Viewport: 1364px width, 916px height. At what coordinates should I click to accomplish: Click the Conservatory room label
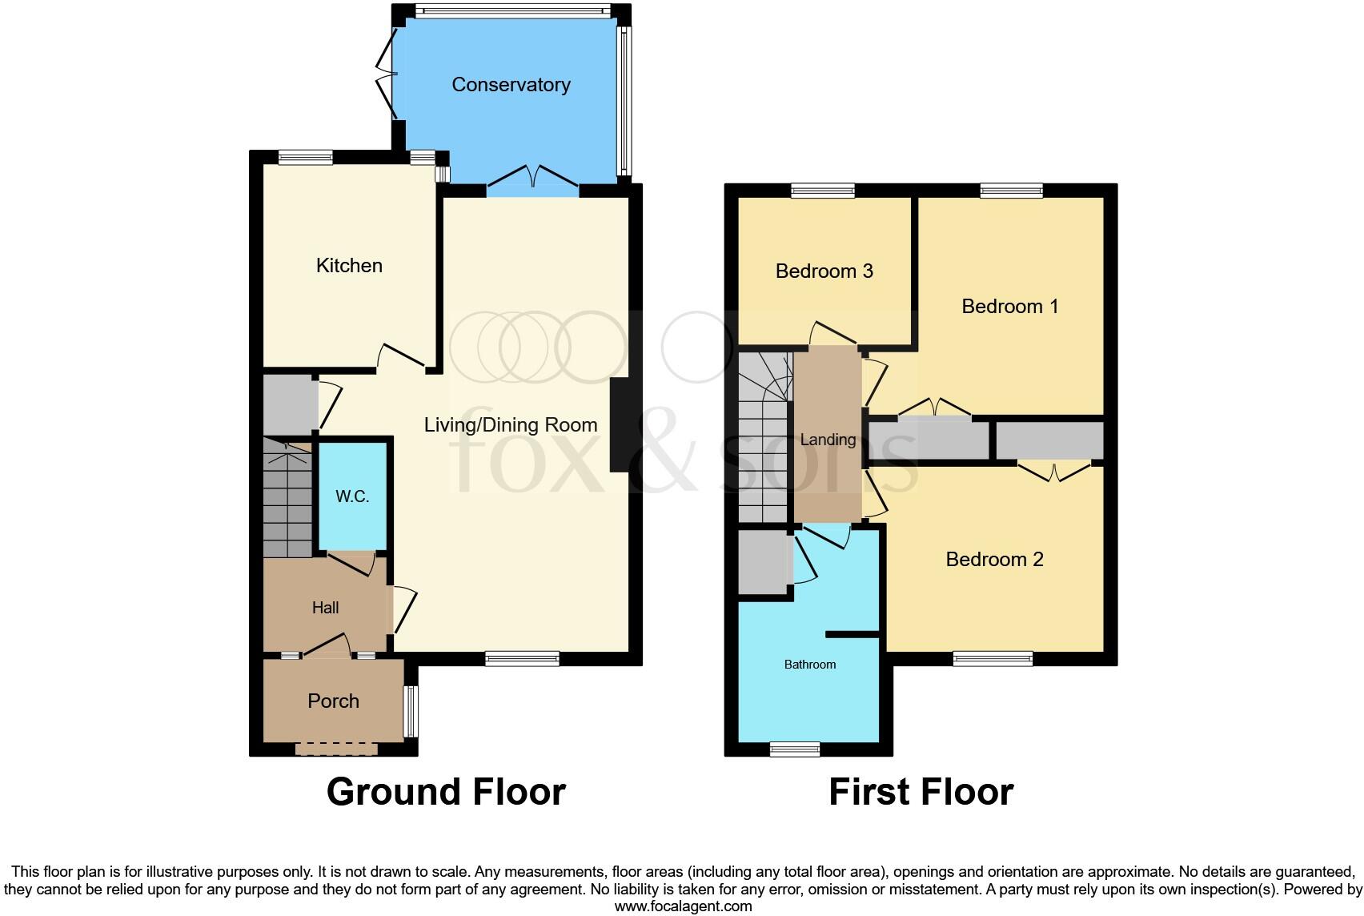click(x=511, y=85)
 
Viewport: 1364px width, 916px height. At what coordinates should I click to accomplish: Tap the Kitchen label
click(x=349, y=266)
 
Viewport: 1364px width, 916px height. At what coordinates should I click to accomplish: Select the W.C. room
click(x=352, y=496)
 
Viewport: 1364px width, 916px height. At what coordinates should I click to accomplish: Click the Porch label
click(x=333, y=701)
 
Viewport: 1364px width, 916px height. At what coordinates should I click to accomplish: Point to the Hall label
click(x=325, y=608)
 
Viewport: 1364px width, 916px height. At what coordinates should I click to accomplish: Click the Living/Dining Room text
click(x=511, y=425)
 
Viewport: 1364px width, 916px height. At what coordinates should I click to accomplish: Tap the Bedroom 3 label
click(x=824, y=271)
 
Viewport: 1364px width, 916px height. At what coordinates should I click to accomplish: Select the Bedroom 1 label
click(x=1009, y=307)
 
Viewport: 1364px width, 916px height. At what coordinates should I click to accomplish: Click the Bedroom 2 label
click(x=994, y=560)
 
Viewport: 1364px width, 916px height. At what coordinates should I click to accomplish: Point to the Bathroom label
click(x=809, y=665)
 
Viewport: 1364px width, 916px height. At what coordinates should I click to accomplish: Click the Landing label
click(x=828, y=440)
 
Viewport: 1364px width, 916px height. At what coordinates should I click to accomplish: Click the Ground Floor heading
click(x=446, y=792)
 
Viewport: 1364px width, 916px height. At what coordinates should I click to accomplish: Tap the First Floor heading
click(x=921, y=792)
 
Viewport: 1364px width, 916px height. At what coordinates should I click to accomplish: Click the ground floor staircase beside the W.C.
click(x=287, y=504)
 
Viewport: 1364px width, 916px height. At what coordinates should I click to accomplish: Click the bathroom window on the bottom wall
click(x=794, y=749)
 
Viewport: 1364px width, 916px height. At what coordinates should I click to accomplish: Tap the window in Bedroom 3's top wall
click(x=822, y=191)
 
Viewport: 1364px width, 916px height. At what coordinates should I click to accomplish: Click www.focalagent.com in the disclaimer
click(x=683, y=906)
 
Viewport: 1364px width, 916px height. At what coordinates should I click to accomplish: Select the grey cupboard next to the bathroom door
click(x=764, y=563)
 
